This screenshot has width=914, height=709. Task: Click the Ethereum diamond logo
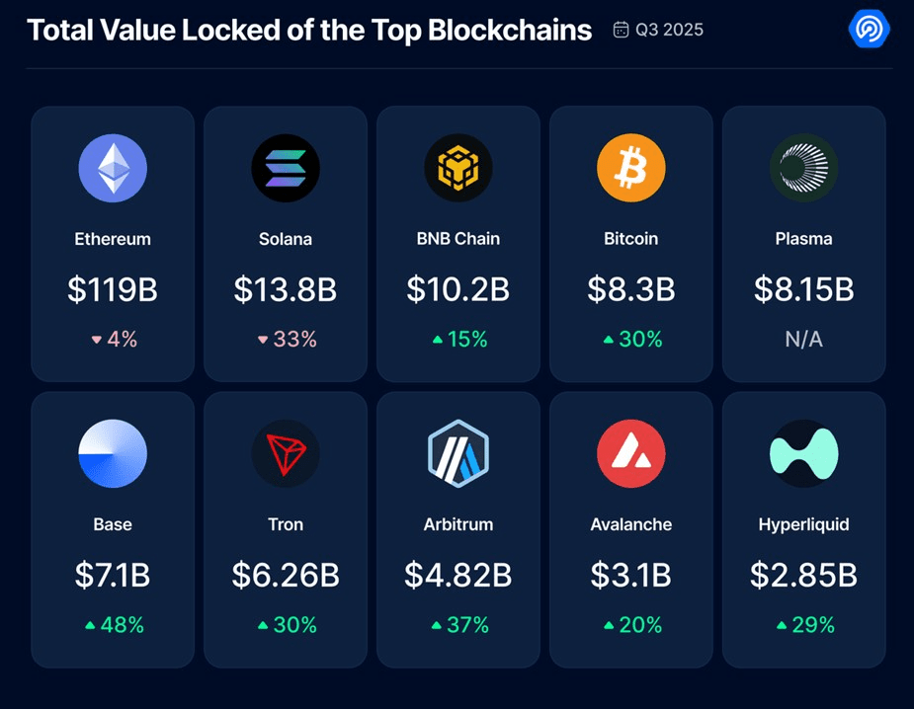pos(113,168)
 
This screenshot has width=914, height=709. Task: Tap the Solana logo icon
pos(286,168)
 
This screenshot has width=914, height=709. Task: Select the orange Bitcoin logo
pos(631,168)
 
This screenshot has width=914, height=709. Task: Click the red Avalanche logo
pos(631,453)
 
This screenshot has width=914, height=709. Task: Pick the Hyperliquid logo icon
pos(803,453)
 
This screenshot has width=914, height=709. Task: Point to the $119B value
pos(113,289)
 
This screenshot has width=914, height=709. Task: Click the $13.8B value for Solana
pos(286,289)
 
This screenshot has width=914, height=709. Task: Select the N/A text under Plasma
pos(803,339)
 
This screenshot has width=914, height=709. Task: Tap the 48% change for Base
pos(121,625)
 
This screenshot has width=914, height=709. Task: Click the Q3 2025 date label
pos(670,30)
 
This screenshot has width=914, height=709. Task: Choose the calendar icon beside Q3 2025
pos(621,30)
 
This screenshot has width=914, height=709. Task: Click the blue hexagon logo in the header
pos(870,30)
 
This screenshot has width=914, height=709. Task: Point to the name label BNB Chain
pos(458,239)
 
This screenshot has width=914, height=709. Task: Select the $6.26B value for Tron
pos(286,575)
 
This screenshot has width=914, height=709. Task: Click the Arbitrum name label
pos(458,524)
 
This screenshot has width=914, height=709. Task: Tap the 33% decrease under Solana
pos(294,339)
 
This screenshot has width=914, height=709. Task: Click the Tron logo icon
pos(286,453)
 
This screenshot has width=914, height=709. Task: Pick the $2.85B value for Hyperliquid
pos(803,575)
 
